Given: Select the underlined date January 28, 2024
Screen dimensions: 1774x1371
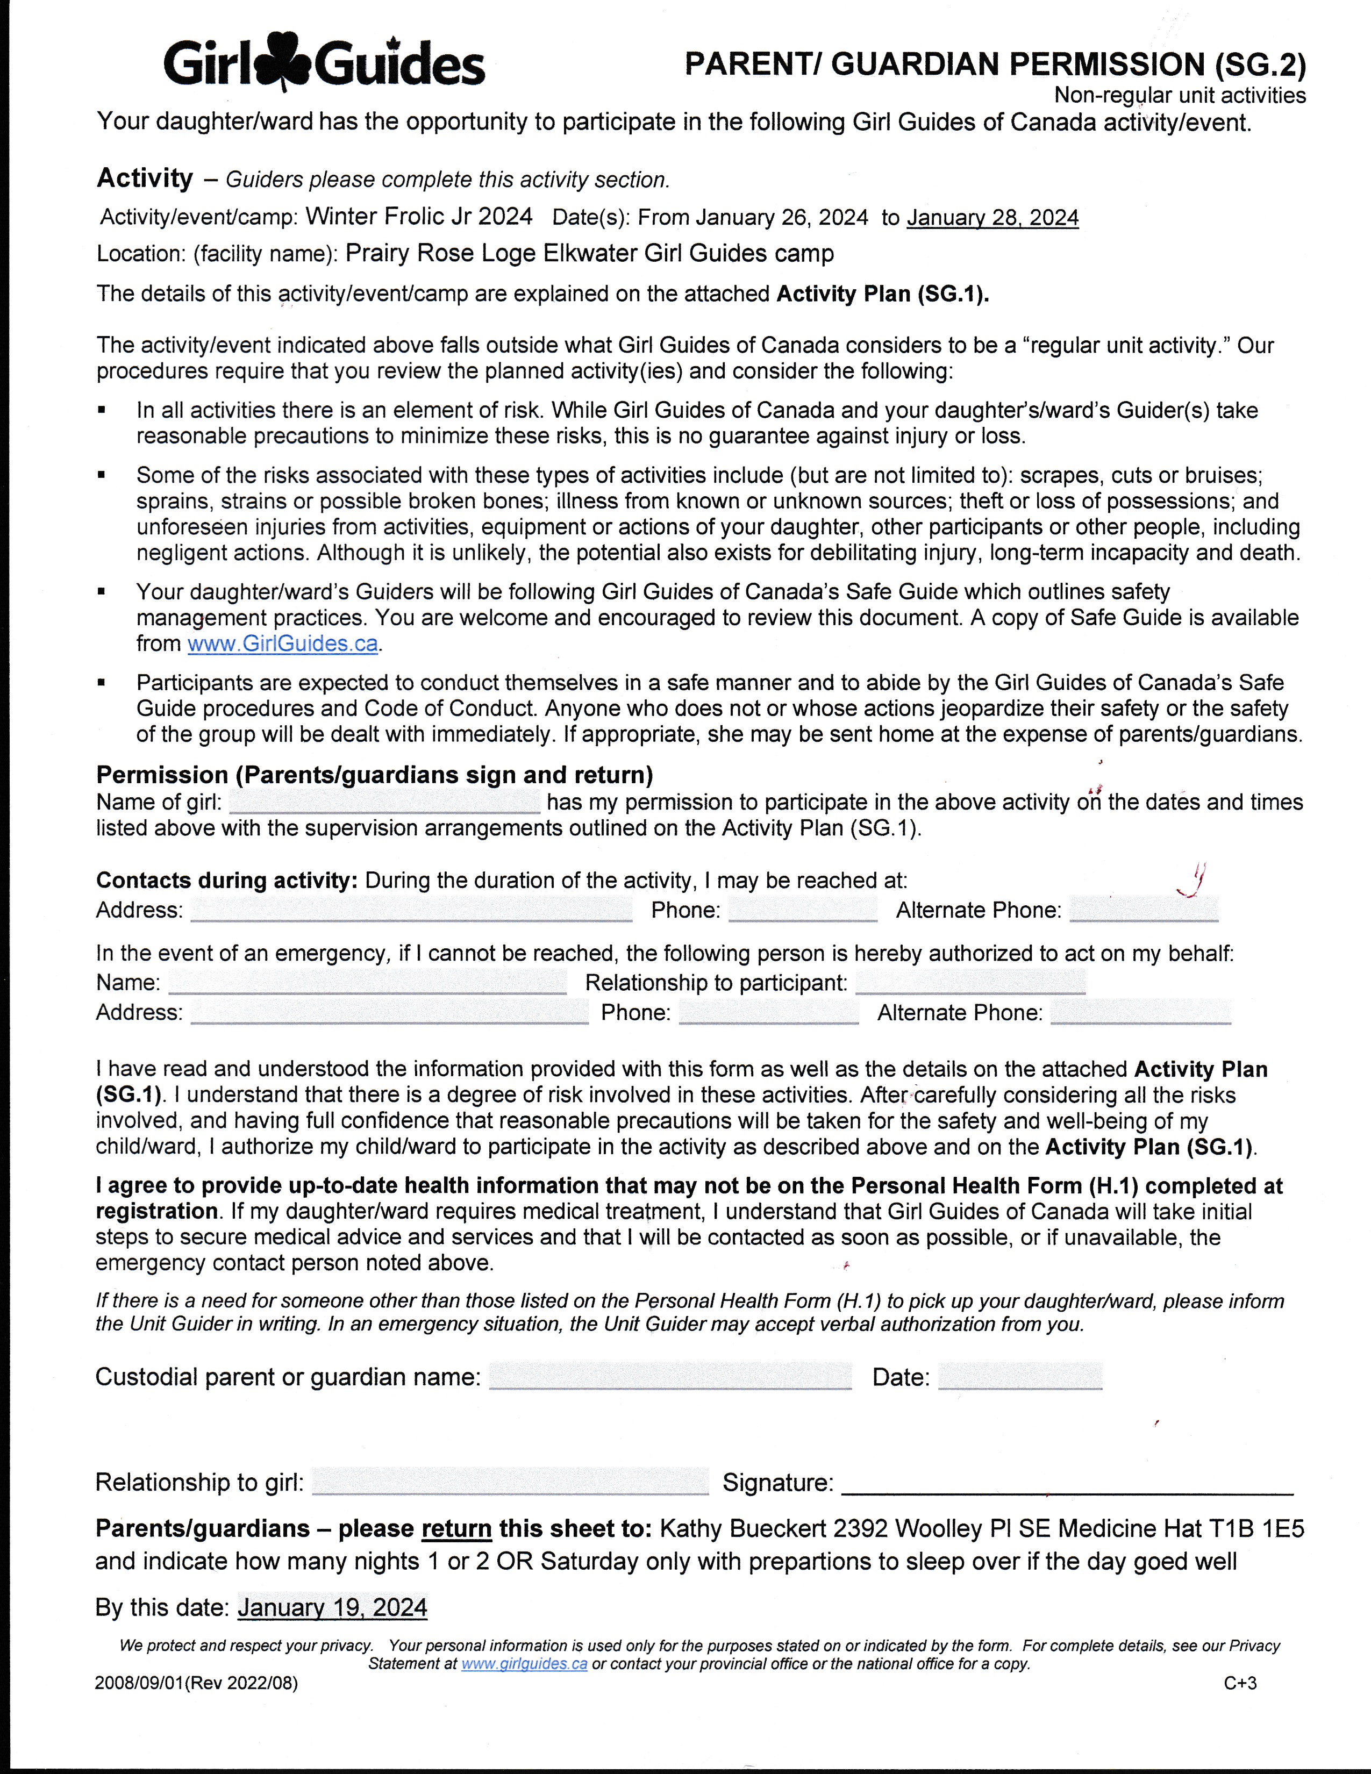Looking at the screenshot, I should pyautogui.click(x=992, y=218).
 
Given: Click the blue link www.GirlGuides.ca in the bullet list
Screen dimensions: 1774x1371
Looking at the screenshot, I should pyautogui.click(x=283, y=644).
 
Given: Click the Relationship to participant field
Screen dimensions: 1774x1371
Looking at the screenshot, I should pyautogui.click(x=970, y=982).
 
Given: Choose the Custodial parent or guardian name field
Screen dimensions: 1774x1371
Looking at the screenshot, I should pyautogui.click(x=670, y=1376).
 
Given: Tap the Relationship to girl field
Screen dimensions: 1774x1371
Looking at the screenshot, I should pyautogui.click(x=510, y=1483).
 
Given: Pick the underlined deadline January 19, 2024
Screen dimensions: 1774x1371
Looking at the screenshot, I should pyautogui.click(x=332, y=1607).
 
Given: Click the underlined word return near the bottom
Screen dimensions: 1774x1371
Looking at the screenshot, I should pyautogui.click(x=456, y=1529).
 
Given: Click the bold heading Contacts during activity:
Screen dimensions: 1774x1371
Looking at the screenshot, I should pyautogui.click(x=226, y=881).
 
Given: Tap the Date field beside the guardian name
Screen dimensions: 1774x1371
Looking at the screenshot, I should pyautogui.click(x=1020, y=1377).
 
